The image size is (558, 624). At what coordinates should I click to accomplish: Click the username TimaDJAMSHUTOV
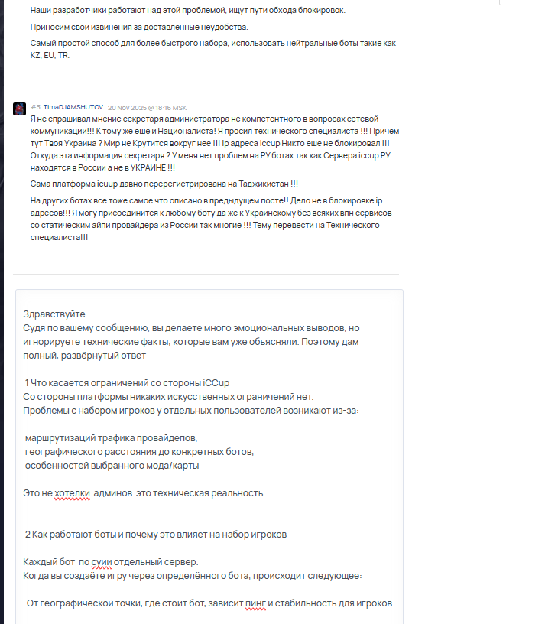coord(73,108)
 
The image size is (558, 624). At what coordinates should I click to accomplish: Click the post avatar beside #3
coord(20,109)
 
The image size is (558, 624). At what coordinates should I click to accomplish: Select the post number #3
coord(35,108)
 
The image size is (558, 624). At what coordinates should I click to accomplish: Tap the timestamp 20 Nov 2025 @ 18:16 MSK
coord(147,108)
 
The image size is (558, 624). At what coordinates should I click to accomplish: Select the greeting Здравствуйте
coord(56,314)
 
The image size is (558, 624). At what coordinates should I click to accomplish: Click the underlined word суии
coord(102,562)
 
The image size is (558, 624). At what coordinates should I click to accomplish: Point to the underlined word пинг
coord(258,603)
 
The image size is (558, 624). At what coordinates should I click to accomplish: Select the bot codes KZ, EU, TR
coord(50,55)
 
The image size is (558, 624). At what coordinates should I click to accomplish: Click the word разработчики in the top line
coord(83,11)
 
